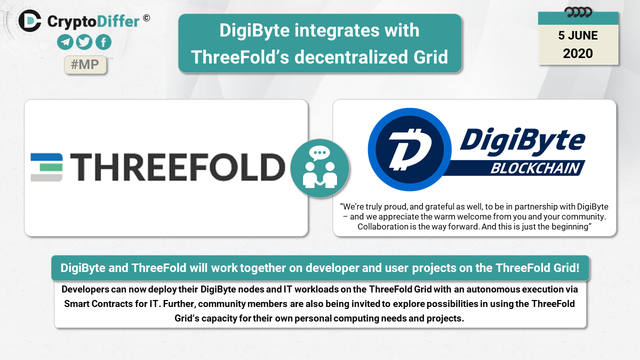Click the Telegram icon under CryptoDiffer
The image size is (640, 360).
click(x=65, y=42)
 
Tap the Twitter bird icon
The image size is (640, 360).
click(x=84, y=42)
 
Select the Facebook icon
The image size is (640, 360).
click(x=103, y=42)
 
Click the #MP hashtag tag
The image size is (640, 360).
click(x=85, y=65)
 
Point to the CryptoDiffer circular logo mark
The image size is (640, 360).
click(x=29, y=20)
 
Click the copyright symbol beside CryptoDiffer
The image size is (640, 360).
click(x=146, y=18)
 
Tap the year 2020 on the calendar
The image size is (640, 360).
click(x=577, y=53)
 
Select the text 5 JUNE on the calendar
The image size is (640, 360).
click(x=577, y=35)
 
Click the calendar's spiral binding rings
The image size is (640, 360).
click(x=578, y=12)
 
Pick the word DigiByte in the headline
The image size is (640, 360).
click(x=254, y=30)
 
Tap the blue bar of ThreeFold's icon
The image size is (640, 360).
click(x=46, y=157)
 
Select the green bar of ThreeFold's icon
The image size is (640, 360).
click(x=51, y=167)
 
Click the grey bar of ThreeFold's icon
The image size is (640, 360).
click(x=46, y=177)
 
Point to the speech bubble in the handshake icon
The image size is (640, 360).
click(x=319, y=152)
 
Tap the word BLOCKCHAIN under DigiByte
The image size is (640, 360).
click(x=535, y=168)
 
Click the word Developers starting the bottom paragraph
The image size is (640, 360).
click(x=85, y=289)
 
